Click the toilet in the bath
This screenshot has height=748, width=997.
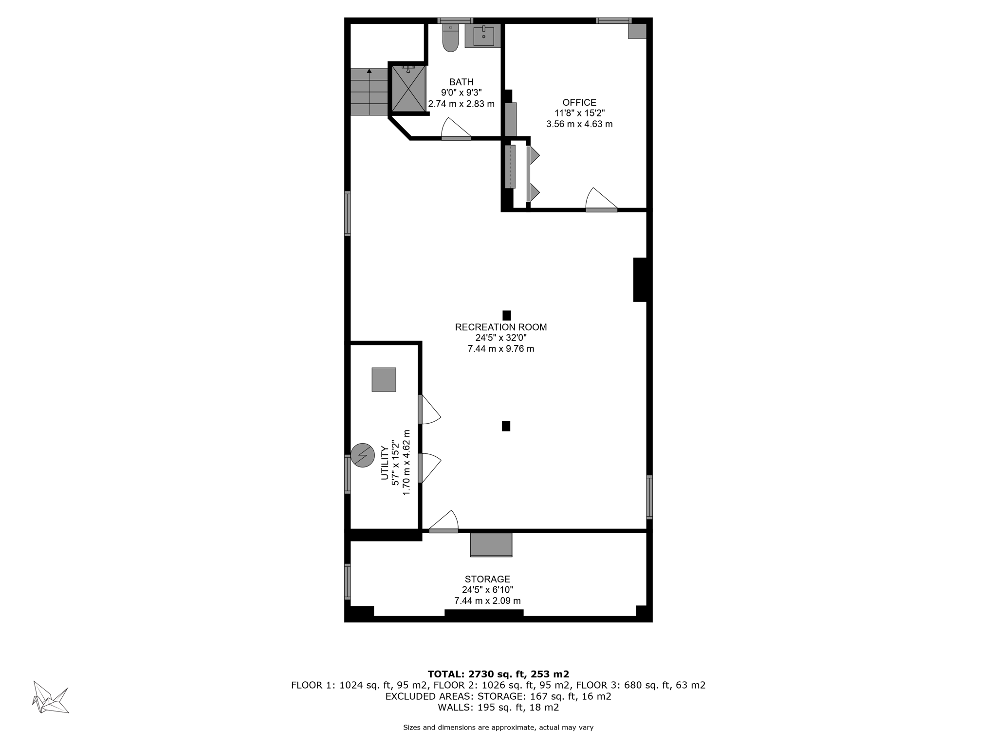coord(450,38)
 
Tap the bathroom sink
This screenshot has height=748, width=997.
coord(483,36)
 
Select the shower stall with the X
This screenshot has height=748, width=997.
coord(408,89)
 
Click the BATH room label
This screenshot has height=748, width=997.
coord(461,82)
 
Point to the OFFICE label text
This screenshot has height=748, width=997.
coord(579,103)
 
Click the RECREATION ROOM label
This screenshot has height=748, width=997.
coord(500,327)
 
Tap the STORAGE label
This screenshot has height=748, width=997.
coord(487,579)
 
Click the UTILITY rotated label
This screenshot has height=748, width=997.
coord(384,463)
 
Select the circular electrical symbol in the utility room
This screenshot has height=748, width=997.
coord(363,455)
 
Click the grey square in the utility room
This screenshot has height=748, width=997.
coord(384,379)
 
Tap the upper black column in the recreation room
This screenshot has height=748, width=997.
coord(507,316)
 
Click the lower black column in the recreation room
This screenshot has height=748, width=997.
coord(506,426)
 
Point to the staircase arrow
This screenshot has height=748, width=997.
coord(369,72)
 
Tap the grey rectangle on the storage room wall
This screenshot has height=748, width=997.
coord(491,544)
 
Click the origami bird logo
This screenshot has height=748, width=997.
coord(51,697)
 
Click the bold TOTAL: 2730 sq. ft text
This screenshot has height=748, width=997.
coord(498,674)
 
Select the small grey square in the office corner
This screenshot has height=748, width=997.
coord(637,31)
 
